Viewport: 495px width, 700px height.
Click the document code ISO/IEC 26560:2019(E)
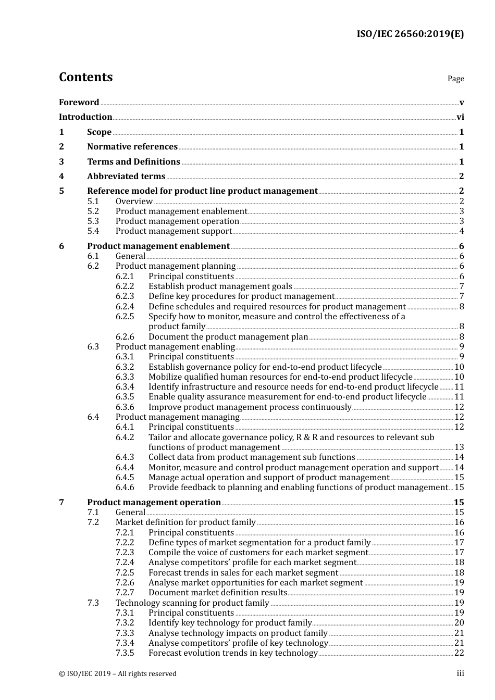pyautogui.click(x=410, y=34)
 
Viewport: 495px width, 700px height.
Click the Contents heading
pyautogui.click(x=85, y=77)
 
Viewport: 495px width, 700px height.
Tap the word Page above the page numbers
pyautogui.click(x=455, y=79)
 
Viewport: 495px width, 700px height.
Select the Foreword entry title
pyautogui.click(x=79, y=103)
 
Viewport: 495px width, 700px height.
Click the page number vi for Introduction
pyautogui.click(x=460, y=117)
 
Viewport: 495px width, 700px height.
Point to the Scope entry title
pyautogui.click(x=99, y=132)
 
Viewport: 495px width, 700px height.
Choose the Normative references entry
pyautogui.click(x=132, y=147)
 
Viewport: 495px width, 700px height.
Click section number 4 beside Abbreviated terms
pyautogui.click(x=61, y=177)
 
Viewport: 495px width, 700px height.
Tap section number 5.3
pyautogui.click(x=93, y=221)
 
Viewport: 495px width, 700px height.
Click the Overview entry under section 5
pyautogui.click(x=134, y=202)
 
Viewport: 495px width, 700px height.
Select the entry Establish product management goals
pyautogui.click(x=220, y=286)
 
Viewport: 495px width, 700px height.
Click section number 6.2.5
pyautogui.click(x=125, y=317)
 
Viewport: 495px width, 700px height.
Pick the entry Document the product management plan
pyautogui.click(x=228, y=337)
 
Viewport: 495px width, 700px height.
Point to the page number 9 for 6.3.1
pyautogui.click(x=462, y=357)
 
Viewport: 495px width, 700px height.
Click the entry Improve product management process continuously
pyautogui.click(x=250, y=407)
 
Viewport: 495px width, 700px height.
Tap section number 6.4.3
pyautogui.click(x=125, y=457)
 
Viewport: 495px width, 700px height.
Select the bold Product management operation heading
pyautogui.click(x=154, y=503)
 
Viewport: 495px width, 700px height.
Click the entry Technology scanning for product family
pyautogui.click(x=192, y=603)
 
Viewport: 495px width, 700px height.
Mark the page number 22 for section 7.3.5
pyautogui.click(x=459, y=653)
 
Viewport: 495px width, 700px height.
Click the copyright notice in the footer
pyautogui.click(x=118, y=674)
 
